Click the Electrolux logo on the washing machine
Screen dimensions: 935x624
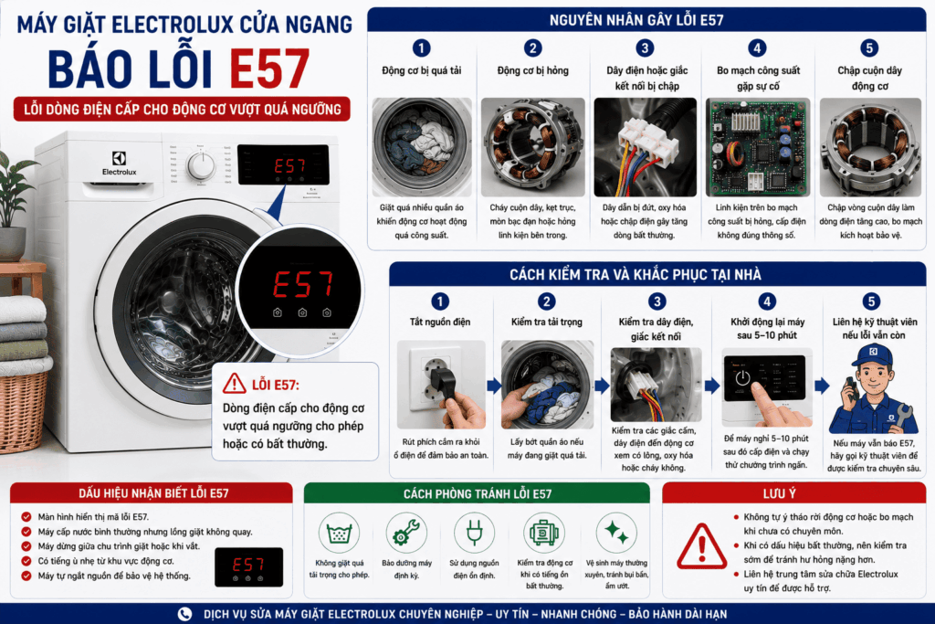tap(120, 163)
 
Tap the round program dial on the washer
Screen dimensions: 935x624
tap(202, 165)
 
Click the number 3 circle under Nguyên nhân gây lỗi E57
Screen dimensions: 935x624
tap(645, 48)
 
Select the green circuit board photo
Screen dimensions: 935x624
tap(758, 147)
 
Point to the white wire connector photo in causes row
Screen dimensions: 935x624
tap(646, 147)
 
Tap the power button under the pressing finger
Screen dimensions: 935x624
tap(742, 378)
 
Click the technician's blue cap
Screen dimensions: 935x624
tap(872, 355)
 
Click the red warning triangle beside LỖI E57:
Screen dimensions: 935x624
tap(235, 385)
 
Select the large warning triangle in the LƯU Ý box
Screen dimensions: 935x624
tap(702, 546)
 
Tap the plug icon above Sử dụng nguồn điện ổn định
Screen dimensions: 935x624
tap(474, 532)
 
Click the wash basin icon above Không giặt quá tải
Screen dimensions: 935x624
tap(339, 533)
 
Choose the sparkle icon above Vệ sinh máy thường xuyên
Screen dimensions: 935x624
tap(616, 532)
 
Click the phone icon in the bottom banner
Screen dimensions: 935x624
tap(184, 614)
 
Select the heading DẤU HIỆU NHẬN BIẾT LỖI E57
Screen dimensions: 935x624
tap(153, 493)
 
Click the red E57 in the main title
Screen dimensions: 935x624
tap(269, 69)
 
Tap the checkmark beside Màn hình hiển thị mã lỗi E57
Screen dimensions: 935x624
tap(26, 516)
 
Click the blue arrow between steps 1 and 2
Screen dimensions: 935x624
tap(494, 386)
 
